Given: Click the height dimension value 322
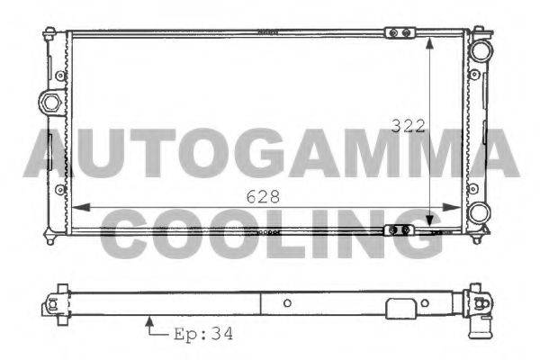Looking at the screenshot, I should tap(409, 126).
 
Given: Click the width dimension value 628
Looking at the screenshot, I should tap(262, 195).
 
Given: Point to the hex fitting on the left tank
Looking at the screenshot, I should tap(51, 101).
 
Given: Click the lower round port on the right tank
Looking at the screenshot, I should tap(481, 212).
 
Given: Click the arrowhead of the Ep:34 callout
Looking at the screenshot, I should tap(148, 319).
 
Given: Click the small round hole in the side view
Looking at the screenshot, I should tap(285, 303).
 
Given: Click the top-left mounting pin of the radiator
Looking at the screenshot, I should tap(48, 34).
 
